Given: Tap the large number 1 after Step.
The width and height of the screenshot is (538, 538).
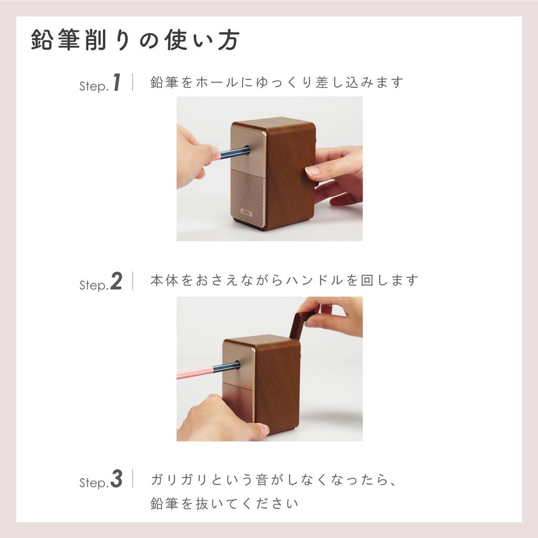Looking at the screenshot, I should [117, 83].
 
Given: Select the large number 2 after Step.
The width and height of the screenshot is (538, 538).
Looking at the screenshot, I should [116, 282].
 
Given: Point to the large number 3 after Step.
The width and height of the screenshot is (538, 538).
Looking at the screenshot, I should [116, 480].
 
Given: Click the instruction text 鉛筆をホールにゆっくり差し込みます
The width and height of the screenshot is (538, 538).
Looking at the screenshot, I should [277, 82].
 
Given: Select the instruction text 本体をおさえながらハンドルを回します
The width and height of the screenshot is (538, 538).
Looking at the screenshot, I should [284, 281].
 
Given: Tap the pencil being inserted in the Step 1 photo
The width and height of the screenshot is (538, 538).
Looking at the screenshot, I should [234, 153].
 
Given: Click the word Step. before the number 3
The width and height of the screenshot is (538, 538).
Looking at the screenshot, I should [94, 483].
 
